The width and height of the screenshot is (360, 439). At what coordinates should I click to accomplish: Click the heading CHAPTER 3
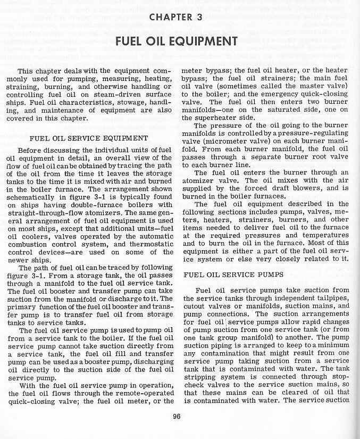point(175,18)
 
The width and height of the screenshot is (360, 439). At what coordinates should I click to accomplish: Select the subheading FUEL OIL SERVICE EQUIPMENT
point(89,138)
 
